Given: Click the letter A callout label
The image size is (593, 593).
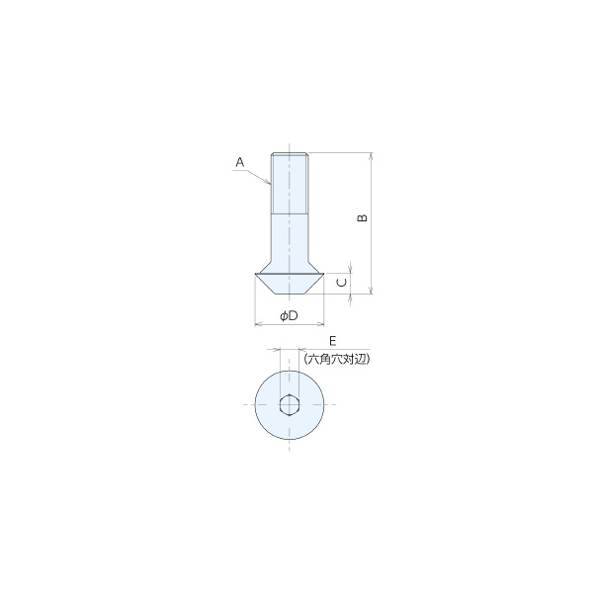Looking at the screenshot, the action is (x=240, y=163).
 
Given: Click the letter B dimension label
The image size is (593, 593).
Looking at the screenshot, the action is (x=363, y=217).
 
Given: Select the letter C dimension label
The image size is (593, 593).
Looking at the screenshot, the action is (x=342, y=283).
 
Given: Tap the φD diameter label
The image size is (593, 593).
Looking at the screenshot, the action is (x=289, y=315).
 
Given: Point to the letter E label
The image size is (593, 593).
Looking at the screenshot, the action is (x=332, y=341).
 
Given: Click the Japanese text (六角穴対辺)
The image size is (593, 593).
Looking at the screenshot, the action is (x=337, y=359).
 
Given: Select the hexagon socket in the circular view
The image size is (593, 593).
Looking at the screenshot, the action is (x=290, y=405).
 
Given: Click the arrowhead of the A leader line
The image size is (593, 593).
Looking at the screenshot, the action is (x=269, y=183).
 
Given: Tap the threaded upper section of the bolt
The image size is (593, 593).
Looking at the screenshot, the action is (x=290, y=184).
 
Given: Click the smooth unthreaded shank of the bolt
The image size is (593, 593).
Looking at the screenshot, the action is (x=290, y=237).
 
